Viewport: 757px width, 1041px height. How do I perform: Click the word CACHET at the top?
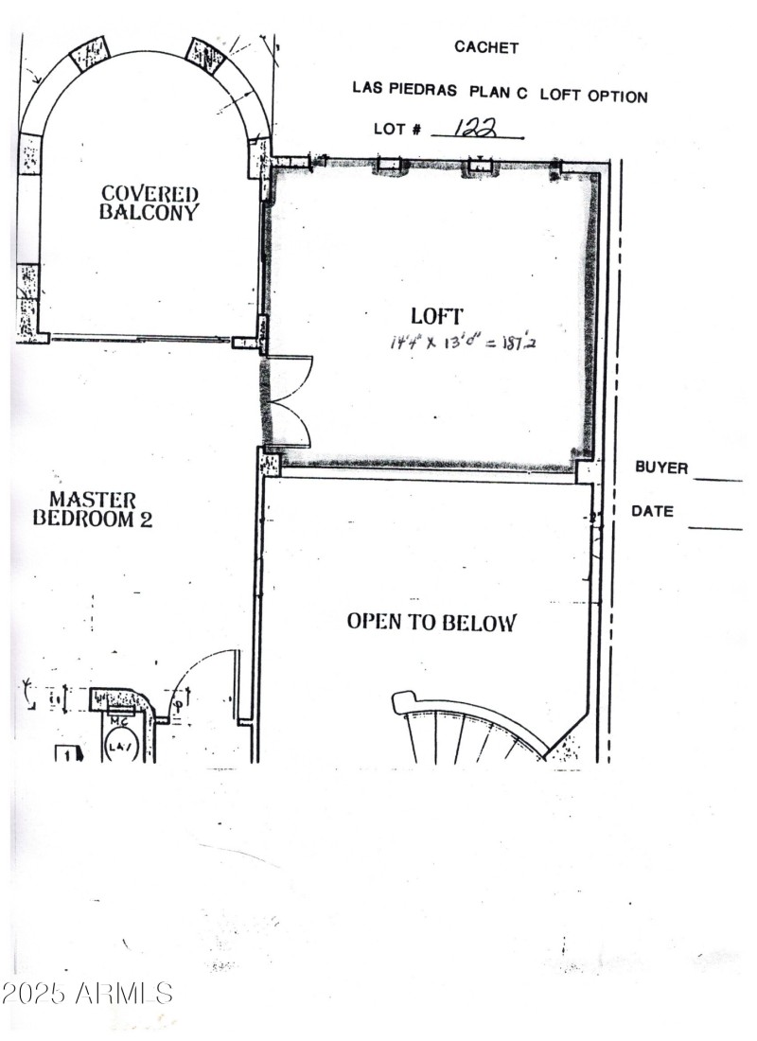pos(486,47)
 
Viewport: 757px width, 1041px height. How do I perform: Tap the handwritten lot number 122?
pos(476,128)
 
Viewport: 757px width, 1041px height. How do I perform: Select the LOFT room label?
pos(436,316)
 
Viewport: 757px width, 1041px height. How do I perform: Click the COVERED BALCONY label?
pos(150,203)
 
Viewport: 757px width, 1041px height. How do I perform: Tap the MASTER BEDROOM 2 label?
pos(93,509)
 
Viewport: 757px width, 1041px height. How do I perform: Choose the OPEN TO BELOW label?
pos(431,622)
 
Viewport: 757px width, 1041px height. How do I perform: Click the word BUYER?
pos(661,468)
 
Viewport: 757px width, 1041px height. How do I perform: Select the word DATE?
pos(653,511)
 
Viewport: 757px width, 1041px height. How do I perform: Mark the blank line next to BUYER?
pos(718,480)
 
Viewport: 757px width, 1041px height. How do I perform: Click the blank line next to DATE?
pos(714,527)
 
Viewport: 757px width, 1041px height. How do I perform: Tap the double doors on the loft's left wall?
pos(289,400)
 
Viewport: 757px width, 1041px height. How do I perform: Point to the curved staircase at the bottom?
pos(468,729)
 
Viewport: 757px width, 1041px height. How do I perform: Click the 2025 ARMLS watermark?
pos(87,994)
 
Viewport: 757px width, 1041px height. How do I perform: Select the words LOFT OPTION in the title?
pos(601,96)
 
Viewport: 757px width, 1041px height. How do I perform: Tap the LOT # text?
pos(397,129)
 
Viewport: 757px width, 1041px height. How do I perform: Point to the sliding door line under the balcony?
pos(142,337)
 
